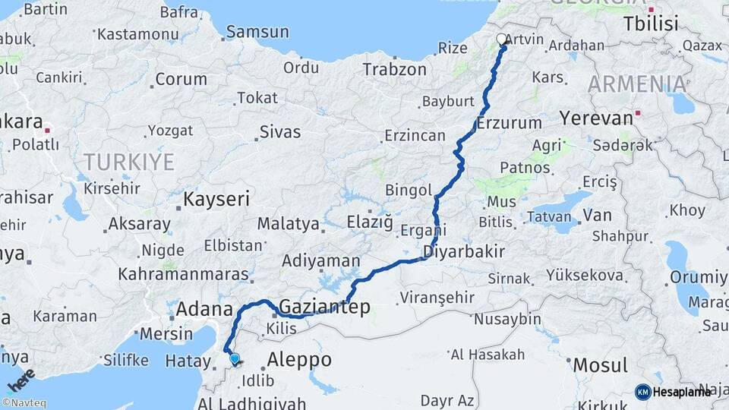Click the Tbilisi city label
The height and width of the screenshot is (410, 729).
[651, 24]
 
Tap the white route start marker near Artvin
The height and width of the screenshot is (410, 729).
[501, 39]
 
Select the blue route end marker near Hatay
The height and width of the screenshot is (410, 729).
[235, 360]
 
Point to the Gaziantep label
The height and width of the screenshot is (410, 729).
[324, 307]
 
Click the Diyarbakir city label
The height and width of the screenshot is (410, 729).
[464, 251]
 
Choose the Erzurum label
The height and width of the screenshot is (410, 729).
[510, 122]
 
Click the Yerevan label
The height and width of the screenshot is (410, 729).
[596, 118]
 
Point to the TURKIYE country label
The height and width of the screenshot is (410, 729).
[129, 162]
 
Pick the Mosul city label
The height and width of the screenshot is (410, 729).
[600, 364]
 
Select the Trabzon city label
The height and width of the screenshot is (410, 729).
[394, 69]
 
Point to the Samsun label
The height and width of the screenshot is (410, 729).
[257, 32]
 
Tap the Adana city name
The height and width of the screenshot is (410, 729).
[204, 309]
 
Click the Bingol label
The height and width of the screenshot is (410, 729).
[408, 189]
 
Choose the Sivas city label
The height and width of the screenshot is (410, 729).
[280, 131]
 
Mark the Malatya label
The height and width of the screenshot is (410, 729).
[288, 224]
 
